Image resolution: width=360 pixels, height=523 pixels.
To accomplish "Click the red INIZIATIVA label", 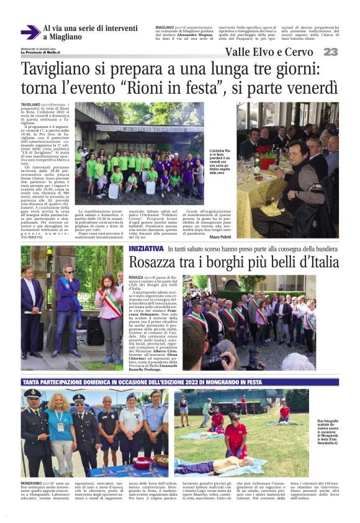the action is coord(146,248).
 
